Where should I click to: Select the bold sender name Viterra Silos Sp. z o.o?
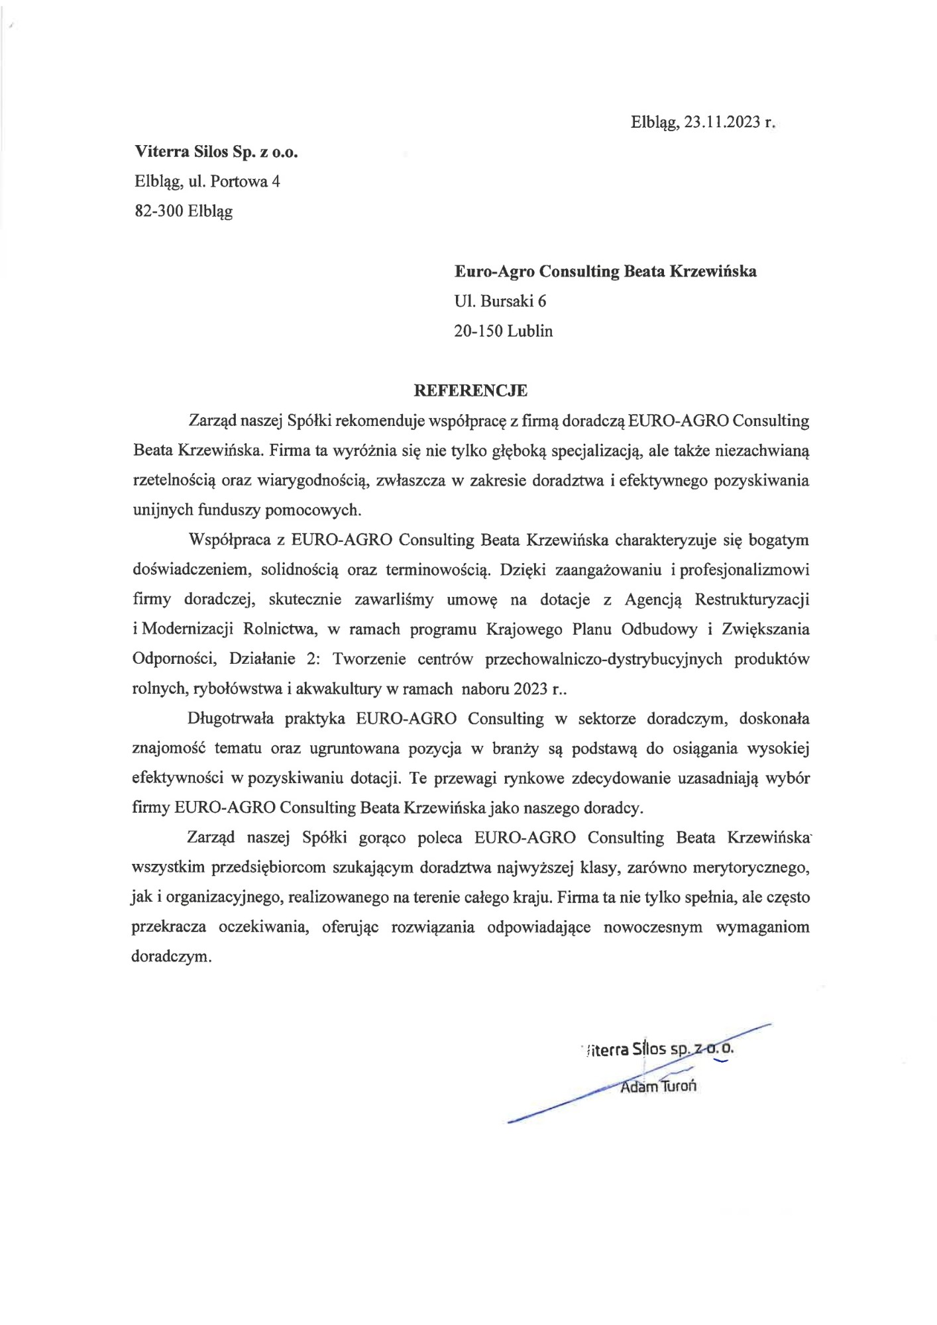pyautogui.click(x=216, y=152)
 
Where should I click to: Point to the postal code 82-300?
pyautogui.click(x=158, y=211)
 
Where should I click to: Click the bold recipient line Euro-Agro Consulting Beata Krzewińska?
pyautogui.click(x=605, y=272)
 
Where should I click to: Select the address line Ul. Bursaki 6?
pyautogui.click(x=500, y=301)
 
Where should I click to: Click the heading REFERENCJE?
pyautogui.click(x=470, y=391)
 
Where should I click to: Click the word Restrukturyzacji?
pyautogui.click(x=751, y=600)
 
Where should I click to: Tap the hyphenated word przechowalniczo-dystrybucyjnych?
pyautogui.click(x=604, y=659)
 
